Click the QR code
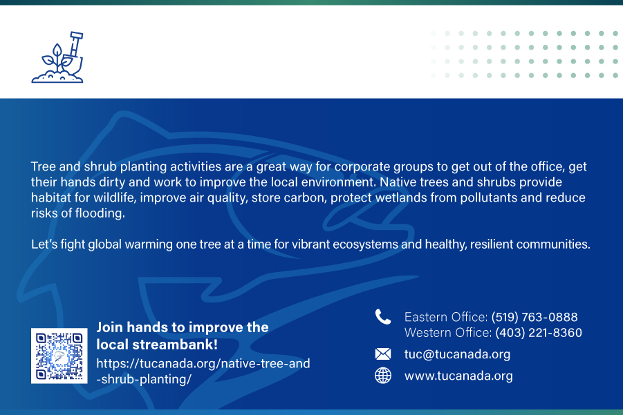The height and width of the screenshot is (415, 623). click(x=59, y=356)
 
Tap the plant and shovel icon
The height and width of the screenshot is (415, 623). click(x=57, y=57)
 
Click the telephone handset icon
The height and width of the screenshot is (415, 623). click(x=383, y=317)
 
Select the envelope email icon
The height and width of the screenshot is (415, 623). click(x=383, y=354)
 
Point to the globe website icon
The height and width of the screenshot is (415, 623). click(x=383, y=376)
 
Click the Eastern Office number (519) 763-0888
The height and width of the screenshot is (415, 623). click(x=534, y=317)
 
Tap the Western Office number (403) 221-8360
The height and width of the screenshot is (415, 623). click(x=539, y=332)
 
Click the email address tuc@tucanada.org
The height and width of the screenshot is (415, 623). click(x=457, y=354)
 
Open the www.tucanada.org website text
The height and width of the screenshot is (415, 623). click(x=458, y=376)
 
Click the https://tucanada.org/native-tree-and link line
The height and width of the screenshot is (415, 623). click(x=203, y=363)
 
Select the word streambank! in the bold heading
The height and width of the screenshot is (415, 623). click(x=175, y=345)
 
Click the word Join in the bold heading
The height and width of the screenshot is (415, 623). click(x=110, y=327)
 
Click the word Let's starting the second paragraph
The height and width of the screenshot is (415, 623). click(x=44, y=244)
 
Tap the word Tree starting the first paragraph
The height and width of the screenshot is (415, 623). click(x=44, y=166)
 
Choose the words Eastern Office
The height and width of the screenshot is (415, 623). click(x=445, y=317)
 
